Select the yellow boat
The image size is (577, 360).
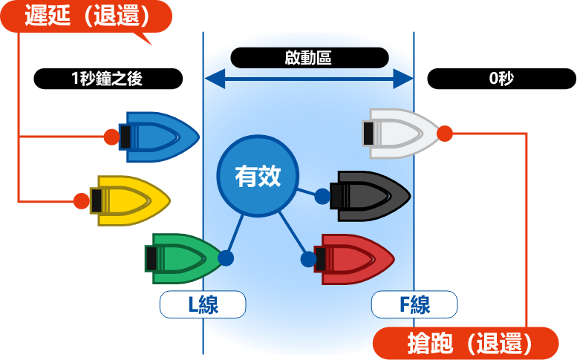[130, 200]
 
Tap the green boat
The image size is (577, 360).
[184, 258]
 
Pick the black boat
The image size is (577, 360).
[370, 196]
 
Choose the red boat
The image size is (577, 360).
[354, 259]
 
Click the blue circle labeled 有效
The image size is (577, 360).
[258, 176]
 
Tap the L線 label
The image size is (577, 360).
[203, 304]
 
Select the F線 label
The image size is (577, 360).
[414, 304]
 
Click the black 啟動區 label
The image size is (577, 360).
[310, 58]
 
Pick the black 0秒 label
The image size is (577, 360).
[501, 79]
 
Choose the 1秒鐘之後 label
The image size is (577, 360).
[108, 79]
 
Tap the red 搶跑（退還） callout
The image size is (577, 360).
[466, 343]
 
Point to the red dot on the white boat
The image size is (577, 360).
[445, 134]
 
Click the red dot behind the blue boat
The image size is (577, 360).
[111, 137]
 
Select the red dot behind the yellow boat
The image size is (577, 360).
[82, 200]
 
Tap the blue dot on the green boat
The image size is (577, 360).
[226, 258]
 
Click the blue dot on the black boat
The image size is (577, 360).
[322, 196]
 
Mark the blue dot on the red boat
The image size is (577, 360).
[308, 259]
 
